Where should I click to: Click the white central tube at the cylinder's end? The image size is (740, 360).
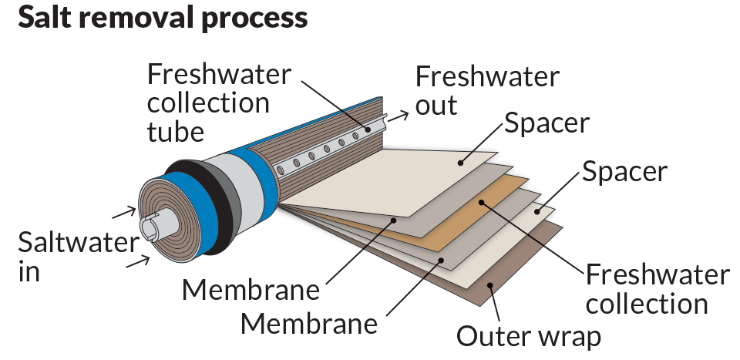tap(153, 229)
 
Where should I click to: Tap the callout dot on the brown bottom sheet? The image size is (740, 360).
tap(490, 284)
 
